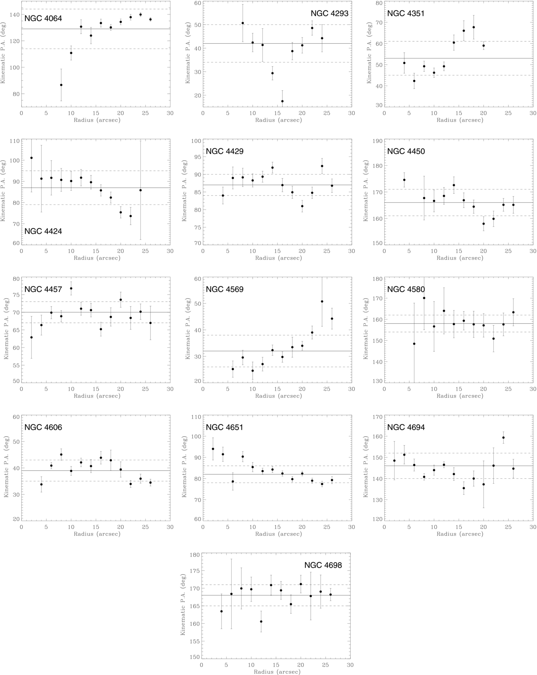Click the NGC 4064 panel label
(x=43, y=18)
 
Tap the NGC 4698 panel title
(x=323, y=565)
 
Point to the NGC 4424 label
(x=43, y=231)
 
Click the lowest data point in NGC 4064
(x=61, y=85)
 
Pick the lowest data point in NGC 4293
(x=282, y=101)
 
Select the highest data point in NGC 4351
(x=473, y=27)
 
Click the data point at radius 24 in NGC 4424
(x=140, y=190)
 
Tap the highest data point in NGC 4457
(x=71, y=289)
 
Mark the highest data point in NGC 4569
(x=322, y=302)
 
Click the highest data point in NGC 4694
(x=503, y=438)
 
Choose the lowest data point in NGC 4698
(x=261, y=621)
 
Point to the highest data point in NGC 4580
(x=424, y=298)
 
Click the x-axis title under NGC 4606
(x=97, y=534)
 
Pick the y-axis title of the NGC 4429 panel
(x=184, y=191)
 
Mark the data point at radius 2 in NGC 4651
(x=213, y=449)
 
